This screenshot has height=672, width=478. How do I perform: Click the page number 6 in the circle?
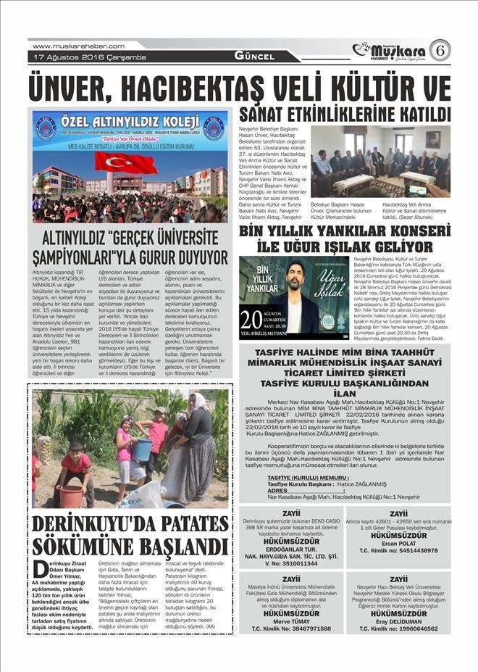pos(440,50)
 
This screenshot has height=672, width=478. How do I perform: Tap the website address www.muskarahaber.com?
pos(78,46)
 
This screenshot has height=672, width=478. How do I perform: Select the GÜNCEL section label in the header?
pos(253,57)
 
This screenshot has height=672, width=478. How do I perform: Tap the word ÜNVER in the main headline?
pos(79,89)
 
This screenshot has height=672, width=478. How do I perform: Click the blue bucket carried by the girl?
pos(141,449)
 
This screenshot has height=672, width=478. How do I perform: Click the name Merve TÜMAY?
pos(291,621)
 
